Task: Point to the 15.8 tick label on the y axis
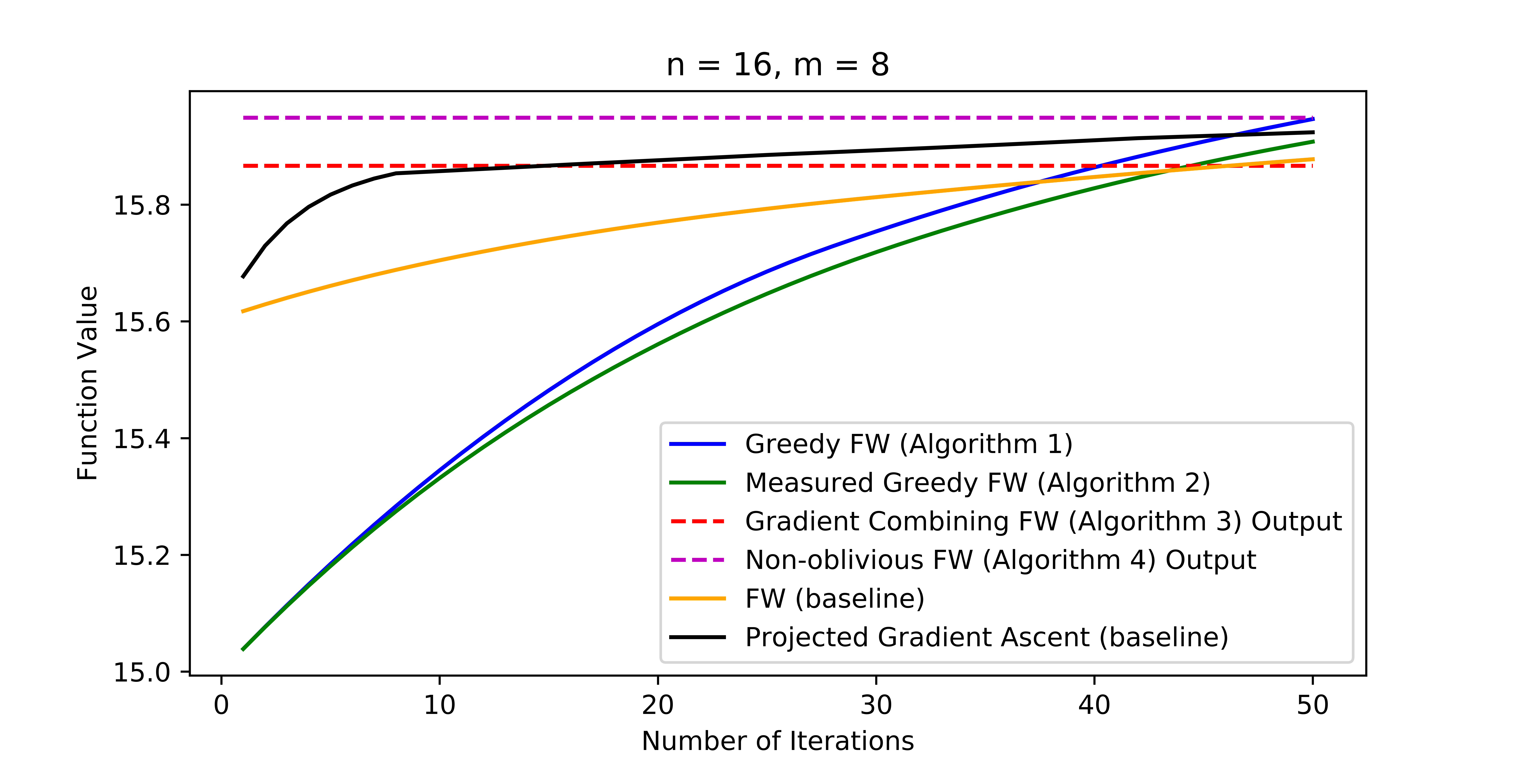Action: click(x=141, y=206)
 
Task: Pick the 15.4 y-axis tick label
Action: click(x=141, y=439)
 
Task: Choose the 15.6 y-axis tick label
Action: click(x=141, y=322)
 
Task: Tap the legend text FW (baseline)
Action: click(x=834, y=599)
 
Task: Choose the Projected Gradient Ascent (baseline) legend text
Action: click(x=987, y=637)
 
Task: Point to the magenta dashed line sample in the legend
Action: click(x=698, y=560)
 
